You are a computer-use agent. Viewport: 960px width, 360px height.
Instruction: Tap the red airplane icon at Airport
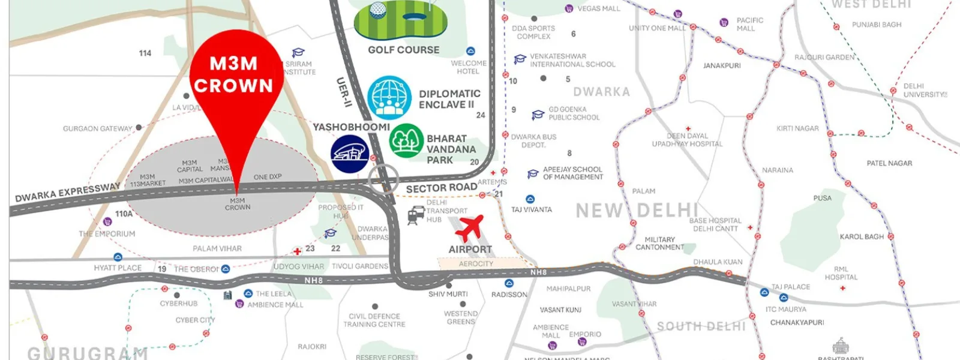click(469, 229)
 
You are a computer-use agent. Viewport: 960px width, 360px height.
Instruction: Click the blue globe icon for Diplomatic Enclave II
click(389, 98)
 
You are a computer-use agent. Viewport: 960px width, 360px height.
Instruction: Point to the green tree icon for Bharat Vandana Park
click(407, 141)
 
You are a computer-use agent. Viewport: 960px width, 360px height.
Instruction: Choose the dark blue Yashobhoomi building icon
click(350, 153)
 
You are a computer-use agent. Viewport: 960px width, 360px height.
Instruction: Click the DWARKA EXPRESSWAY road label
click(67, 193)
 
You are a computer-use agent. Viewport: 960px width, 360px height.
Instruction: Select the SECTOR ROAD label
click(442, 188)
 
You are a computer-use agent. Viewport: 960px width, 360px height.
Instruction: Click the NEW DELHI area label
click(637, 211)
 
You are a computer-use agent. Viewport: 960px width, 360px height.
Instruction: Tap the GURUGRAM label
click(88, 353)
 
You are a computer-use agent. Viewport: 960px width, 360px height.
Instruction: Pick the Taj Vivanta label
click(532, 209)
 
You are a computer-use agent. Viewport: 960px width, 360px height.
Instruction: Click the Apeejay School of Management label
click(572, 173)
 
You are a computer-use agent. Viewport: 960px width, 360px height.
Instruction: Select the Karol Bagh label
click(862, 236)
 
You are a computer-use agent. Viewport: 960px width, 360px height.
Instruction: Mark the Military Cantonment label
click(659, 243)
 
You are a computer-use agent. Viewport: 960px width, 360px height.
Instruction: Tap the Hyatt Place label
click(118, 268)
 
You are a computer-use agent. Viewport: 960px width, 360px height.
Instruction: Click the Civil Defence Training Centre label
click(374, 320)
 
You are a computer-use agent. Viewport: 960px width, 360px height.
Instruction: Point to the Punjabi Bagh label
click(877, 25)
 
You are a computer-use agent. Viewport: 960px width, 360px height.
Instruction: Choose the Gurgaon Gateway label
click(97, 128)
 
